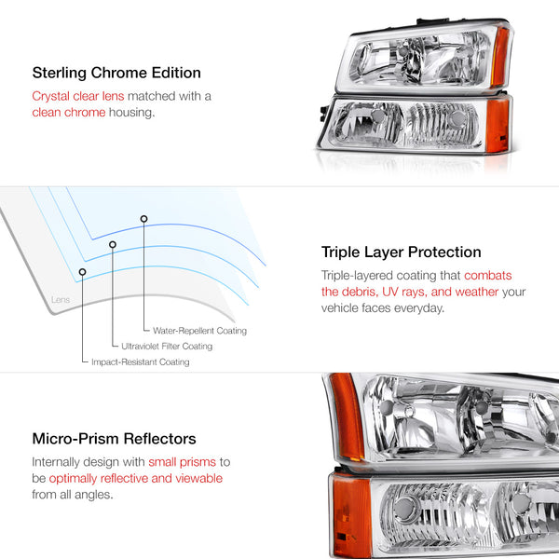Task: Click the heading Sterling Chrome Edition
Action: (116, 73)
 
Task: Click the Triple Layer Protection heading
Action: (401, 252)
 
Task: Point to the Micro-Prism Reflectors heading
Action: (114, 438)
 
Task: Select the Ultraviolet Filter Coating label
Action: (167, 347)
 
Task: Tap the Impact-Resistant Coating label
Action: (140, 362)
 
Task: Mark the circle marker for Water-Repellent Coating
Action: (143, 219)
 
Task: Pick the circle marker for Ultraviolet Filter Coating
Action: (113, 245)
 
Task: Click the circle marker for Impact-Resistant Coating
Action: (83, 272)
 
